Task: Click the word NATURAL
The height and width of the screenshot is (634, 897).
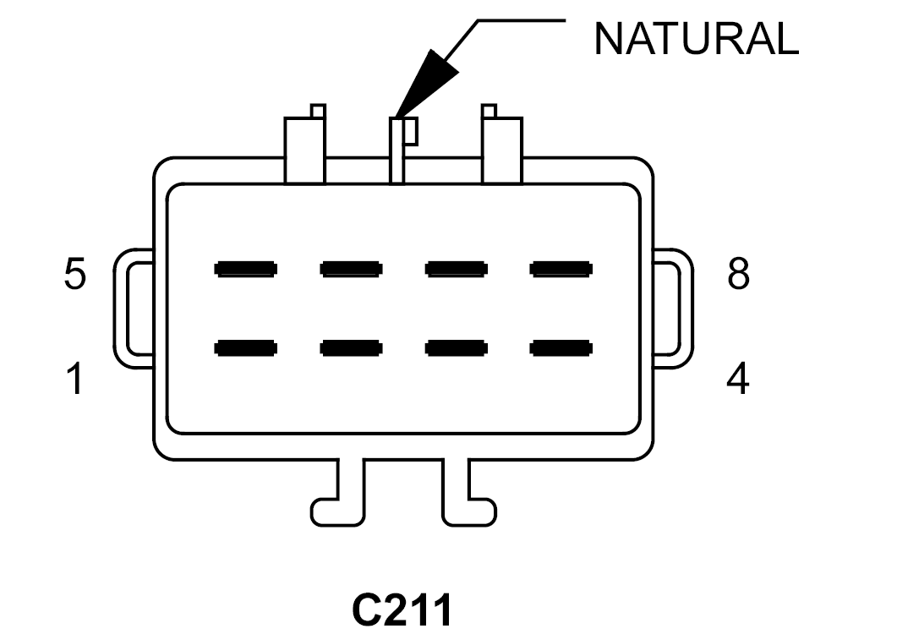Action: click(x=696, y=39)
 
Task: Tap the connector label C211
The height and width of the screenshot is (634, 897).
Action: click(x=402, y=610)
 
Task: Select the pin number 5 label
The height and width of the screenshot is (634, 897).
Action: click(x=75, y=274)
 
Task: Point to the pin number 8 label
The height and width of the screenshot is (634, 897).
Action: click(x=738, y=274)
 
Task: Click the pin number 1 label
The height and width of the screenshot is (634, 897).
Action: click(x=75, y=378)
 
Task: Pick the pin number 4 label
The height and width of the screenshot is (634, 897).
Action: click(x=738, y=378)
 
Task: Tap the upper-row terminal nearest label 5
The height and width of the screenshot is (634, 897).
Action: click(x=246, y=269)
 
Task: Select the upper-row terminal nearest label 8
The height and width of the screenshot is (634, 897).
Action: click(x=561, y=269)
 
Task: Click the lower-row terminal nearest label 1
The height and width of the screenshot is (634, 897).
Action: click(x=246, y=348)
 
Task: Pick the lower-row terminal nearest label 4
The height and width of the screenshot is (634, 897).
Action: click(x=561, y=348)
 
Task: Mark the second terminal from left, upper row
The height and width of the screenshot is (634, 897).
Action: click(x=351, y=269)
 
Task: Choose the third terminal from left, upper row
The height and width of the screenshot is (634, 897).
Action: click(x=457, y=269)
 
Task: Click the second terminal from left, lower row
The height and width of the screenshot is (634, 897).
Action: click(x=351, y=348)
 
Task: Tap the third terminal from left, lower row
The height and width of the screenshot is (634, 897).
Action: click(x=457, y=348)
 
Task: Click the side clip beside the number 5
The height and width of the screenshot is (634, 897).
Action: click(x=120, y=309)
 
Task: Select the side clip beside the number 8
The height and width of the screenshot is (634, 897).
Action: click(x=687, y=309)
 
